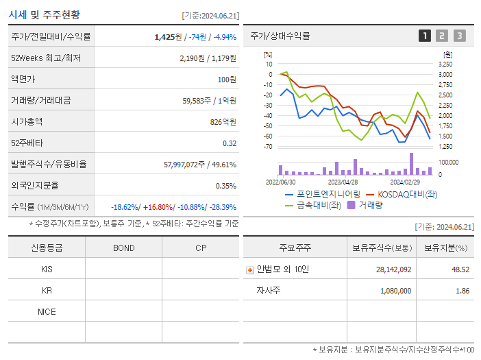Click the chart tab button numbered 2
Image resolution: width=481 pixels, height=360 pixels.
click(442, 36)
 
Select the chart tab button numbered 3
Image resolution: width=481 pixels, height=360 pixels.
click(459, 36)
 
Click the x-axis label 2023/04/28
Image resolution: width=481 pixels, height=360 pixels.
click(343, 182)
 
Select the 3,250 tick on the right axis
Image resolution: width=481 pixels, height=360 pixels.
click(445, 64)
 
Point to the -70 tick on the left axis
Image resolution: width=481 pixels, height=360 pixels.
click(268, 146)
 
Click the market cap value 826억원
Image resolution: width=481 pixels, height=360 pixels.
click(222, 121)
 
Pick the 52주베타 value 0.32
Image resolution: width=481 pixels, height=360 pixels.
click(229, 143)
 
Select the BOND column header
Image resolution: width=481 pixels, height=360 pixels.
click(123, 248)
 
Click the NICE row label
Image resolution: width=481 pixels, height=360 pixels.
click(47, 311)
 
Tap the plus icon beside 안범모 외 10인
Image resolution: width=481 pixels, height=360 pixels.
click(250, 269)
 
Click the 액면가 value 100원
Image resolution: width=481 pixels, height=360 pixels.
click(227, 79)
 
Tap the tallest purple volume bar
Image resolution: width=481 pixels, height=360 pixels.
click(412, 163)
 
